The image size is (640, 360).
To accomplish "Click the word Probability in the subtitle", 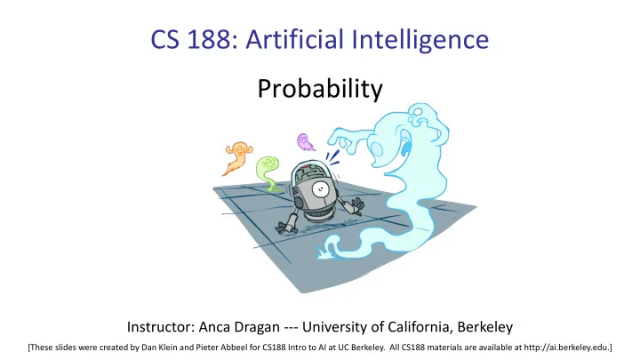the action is pyautogui.click(x=320, y=89).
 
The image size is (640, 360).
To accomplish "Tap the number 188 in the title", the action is pyautogui.click(x=208, y=40).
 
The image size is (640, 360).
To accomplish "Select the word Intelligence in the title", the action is pyautogui.click(x=420, y=41).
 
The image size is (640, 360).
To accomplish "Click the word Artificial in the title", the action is pyautogui.click(x=294, y=39).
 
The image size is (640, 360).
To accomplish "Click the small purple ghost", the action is pyautogui.click(x=305, y=141).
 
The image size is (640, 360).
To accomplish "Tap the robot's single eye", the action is pyautogui.click(x=321, y=188).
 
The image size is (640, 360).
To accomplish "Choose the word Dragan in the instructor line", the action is pyautogui.click(x=260, y=328).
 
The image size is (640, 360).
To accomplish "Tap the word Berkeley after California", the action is pyautogui.click(x=485, y=327).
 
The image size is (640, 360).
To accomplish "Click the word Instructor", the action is pyautogui.click(x=161, y=327).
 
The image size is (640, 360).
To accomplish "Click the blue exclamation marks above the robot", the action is pyautogui.click(x=332, y=158).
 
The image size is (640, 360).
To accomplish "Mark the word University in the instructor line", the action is pyautogui.click(x=336, y=327).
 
